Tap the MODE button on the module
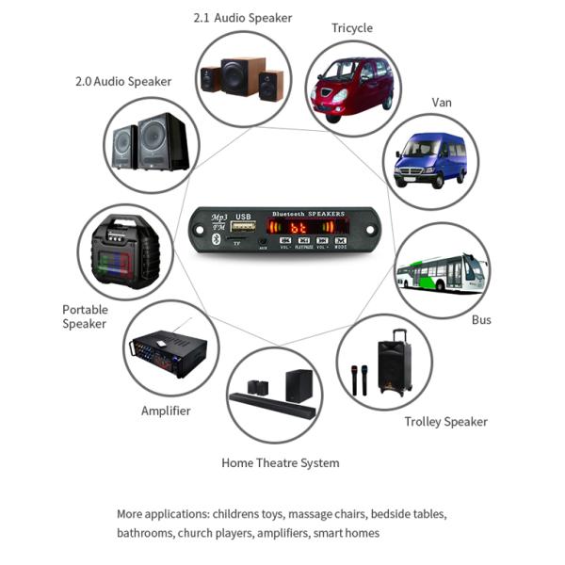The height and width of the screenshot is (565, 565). coord(340,242)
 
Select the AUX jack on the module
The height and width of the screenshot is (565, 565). coord(263,243)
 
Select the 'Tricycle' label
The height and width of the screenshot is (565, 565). coord(352,28)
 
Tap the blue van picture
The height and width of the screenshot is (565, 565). coord(429,160)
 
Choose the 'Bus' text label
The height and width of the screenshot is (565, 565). coord(481,320)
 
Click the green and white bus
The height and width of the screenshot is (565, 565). coord(441,272)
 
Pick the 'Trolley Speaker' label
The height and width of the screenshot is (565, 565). coord(445,422)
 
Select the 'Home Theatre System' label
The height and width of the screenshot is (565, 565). coord(280,463)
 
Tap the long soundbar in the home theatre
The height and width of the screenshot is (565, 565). coord(266,402)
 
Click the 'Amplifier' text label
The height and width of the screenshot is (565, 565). coord(166,412)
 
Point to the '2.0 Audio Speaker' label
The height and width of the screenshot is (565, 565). coord(123,82)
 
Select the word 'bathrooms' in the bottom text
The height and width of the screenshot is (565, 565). coord(145,534)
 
